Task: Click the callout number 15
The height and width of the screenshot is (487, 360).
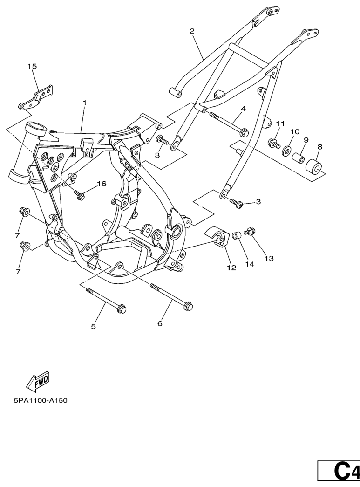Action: pyautogui.click(x=32, y=66)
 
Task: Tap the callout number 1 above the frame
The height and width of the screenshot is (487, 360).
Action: pyautogui.click(x=84, y=103)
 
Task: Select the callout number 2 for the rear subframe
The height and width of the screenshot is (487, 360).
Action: pyautogui.click(x=192, y=31)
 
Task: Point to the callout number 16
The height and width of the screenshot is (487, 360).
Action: pyautogui.click(x=102, y=184)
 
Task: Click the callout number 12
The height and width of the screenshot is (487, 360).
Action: pyautogui.click(x=231, y=268)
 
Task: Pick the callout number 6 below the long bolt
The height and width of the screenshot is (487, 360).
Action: pyautogui.click(x=160, y=323)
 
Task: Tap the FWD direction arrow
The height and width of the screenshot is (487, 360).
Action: pyautogui.click(x=38, y=381)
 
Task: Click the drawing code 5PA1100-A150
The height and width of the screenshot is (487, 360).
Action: pyautogui.click(x=41, y=400)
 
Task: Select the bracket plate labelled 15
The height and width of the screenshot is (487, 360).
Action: pyautogui.click(x=35, y=97)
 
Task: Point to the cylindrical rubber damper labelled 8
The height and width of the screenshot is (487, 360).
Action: pyautogui.click(x=314, y=166)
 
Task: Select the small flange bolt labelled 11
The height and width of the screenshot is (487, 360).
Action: pyautogui.click(x=274, y=144)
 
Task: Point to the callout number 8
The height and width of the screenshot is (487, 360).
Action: pyautogui.click(x=320, y=147)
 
